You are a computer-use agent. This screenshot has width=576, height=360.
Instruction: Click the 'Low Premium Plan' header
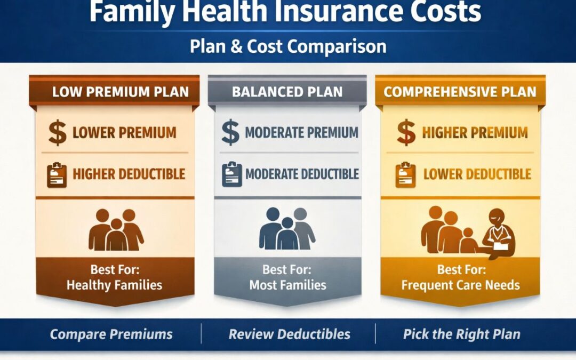[120, 91]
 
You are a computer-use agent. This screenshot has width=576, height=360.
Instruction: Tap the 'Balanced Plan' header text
[287, 91]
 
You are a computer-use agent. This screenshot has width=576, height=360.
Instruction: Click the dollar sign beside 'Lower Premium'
[58, 133]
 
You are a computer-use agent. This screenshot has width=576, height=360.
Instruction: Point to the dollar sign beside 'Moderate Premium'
[230, 133]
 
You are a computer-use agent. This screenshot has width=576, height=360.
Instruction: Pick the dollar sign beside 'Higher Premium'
[406, 133]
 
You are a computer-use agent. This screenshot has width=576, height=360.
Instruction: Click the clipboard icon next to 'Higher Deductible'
[57, 175]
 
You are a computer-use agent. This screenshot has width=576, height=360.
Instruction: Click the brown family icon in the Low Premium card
[116, 230]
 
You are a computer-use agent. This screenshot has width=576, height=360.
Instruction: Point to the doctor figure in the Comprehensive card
[498, 235]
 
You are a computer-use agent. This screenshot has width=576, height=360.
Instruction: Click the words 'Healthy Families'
[114, 285]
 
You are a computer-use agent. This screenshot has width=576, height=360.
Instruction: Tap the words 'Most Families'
[287, 285]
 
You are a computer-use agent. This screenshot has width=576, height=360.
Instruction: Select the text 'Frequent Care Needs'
[460, 285]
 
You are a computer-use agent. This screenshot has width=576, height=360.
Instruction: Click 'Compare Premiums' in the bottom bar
[111, 334]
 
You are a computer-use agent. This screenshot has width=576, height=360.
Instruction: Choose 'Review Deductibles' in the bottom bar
[289, 334]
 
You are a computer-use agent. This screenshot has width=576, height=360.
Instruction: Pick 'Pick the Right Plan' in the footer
[461, 334]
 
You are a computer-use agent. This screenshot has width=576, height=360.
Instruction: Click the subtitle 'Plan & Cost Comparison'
[288, 46]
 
